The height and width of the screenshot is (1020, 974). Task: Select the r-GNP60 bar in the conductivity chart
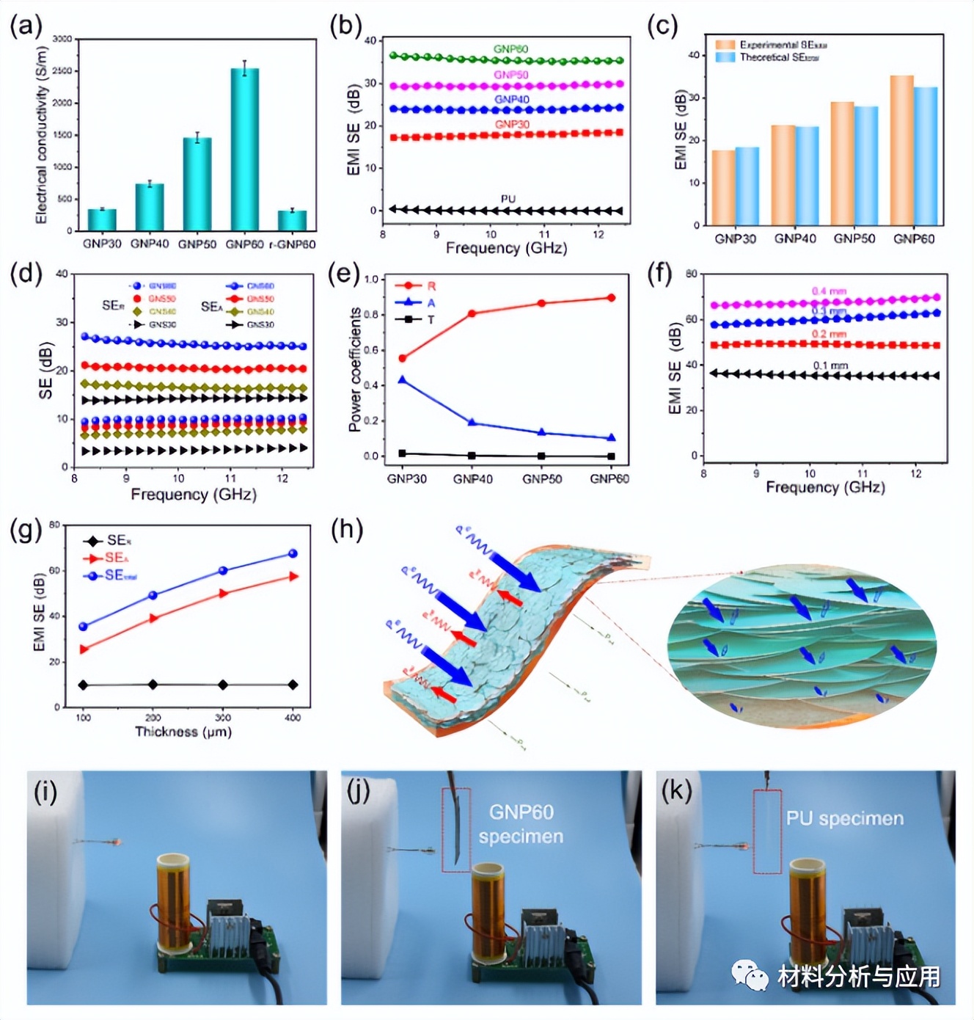click(292, 220)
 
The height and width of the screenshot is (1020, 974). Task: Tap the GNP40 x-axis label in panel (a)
click(150, 244)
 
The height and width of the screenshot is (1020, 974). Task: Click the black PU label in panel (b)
click(508, 199)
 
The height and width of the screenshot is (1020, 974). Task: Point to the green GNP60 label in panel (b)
click(510, 49)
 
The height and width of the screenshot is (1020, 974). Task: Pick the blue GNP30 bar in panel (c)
click(747, 186)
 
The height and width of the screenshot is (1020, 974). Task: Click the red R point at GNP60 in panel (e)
click(611, 298)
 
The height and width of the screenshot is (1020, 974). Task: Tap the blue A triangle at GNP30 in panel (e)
click(402, 379)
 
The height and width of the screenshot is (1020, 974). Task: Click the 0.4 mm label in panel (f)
click(829, 291)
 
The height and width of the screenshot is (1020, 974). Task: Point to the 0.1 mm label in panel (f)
click(830, 365)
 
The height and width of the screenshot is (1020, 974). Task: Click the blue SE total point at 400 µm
click(293, 553)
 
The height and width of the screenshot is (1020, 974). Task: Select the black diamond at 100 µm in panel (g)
click(84, 685)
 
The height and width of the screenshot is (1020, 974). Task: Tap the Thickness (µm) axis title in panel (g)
click(183, 732)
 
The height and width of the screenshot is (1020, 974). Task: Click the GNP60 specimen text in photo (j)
click(521, 824)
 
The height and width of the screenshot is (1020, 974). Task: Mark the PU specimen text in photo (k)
click(845, 818)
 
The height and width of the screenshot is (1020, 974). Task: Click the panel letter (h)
click(347, 529)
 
